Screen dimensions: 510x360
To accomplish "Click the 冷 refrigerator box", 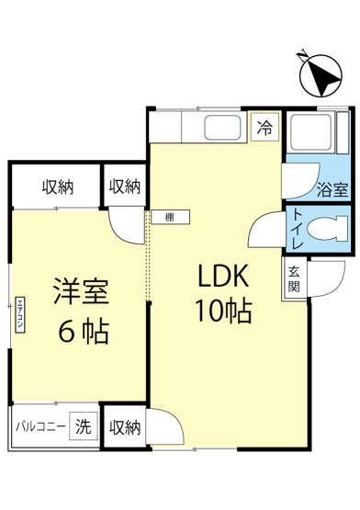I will coord(264,129).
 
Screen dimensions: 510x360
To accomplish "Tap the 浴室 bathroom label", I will coord(332,191).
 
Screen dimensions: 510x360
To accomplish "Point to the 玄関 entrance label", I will coord(294,278).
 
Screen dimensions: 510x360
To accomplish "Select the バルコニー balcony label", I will coord(40,427).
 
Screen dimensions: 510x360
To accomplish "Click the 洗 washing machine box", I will coord(84,427).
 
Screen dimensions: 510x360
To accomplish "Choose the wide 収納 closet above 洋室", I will coord(58,187).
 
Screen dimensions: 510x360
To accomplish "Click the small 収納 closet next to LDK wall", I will coord(124,187).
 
